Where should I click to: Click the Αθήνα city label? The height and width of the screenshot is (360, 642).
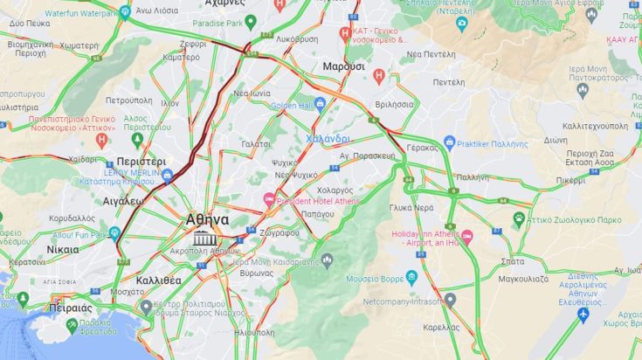pos(208,219)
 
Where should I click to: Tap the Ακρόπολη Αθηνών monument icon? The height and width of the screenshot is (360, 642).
pos(205,238)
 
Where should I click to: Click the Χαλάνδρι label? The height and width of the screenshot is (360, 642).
pos(328,138)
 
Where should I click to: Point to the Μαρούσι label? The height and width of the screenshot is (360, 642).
pos(343,66)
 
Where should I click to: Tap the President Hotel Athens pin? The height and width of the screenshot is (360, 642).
pos(270,199)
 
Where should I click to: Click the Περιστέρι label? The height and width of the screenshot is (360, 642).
pos(140,162)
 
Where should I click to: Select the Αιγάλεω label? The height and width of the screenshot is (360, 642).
pos(122,199)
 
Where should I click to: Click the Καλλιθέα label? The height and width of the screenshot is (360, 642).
pos(158,280)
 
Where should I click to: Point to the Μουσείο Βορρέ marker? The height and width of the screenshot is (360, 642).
pos(413,278)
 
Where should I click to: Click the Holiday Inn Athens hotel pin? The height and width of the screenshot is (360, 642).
pos(466,237)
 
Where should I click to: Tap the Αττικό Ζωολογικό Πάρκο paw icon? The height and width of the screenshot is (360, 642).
pos(519,218)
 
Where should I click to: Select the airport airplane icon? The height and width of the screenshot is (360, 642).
pos(583,314)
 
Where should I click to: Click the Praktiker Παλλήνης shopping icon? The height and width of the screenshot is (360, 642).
pos(449,142)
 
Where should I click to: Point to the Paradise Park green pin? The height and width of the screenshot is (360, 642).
pos(251,22)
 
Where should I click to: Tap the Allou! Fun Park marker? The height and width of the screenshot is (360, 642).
pos(114,233)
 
